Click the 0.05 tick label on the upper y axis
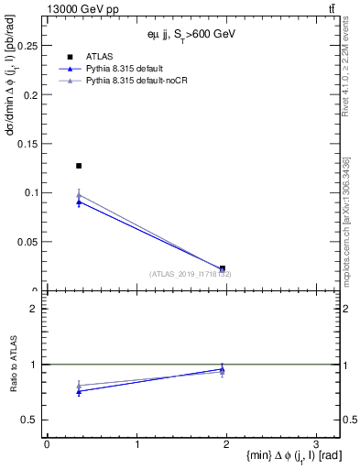coord(26,242)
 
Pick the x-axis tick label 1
coord(136,444)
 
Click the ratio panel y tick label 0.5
coord(30,420)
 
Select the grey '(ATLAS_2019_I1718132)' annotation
coord(191,274)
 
